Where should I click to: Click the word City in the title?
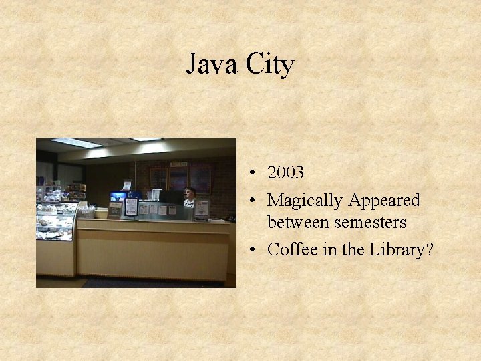coord(270,65)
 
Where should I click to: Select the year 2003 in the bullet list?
coord(285,172)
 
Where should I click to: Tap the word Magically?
coord(305,200)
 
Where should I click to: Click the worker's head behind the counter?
coord(189,193)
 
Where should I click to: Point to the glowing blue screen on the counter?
coord(118,197)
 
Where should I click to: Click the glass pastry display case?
coord(56,221)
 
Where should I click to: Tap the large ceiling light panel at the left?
coord(76,142)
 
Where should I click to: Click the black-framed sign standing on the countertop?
coord(131,207)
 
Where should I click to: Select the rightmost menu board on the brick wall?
coord(200,178)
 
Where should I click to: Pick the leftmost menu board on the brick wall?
coord(158,178)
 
